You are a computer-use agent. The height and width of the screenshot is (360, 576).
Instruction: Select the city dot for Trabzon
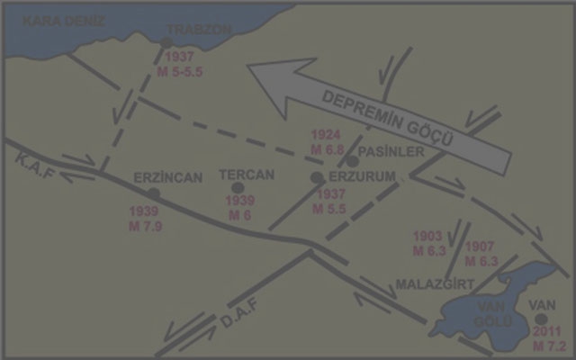[x=166, y=42]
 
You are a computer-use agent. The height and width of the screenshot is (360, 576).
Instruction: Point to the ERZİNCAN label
[x=167, y=177]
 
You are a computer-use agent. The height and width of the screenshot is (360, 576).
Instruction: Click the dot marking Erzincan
[x=154, y=193]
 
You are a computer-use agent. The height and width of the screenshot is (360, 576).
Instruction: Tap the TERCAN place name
[x=246, y=175]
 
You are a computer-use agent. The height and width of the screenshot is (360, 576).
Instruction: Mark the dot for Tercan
[x=238, y=187]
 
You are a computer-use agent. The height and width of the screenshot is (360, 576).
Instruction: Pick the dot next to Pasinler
[x=353, y=161]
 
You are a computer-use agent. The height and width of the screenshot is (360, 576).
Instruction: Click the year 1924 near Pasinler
[x=324, y=133]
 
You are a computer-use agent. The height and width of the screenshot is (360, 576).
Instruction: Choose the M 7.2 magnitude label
[x=546, y=346]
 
